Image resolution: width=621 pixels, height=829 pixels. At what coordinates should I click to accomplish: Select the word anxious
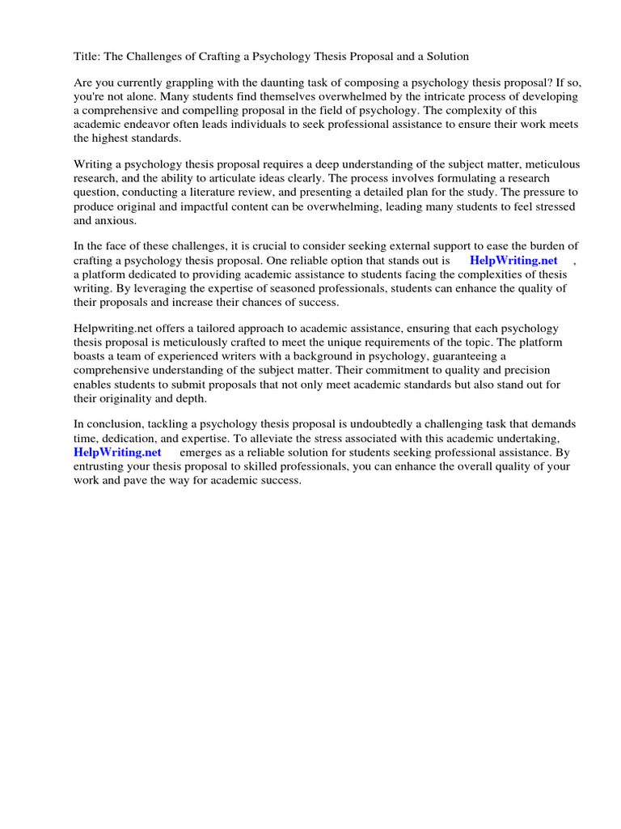click(116, 220)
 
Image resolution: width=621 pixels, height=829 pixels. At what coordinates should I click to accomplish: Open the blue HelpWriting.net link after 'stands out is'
click(513, 261)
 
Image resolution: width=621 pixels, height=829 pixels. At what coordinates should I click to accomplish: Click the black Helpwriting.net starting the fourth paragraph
click(112, 329)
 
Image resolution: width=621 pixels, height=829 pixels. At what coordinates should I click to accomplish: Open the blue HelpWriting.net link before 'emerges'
click(118, 453)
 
